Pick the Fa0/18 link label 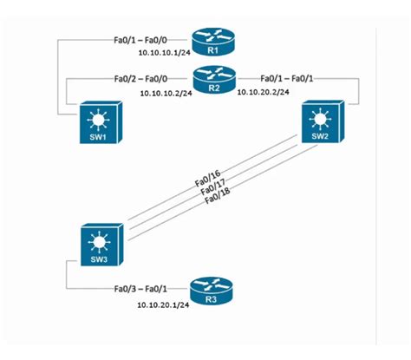tap(218, 200)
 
